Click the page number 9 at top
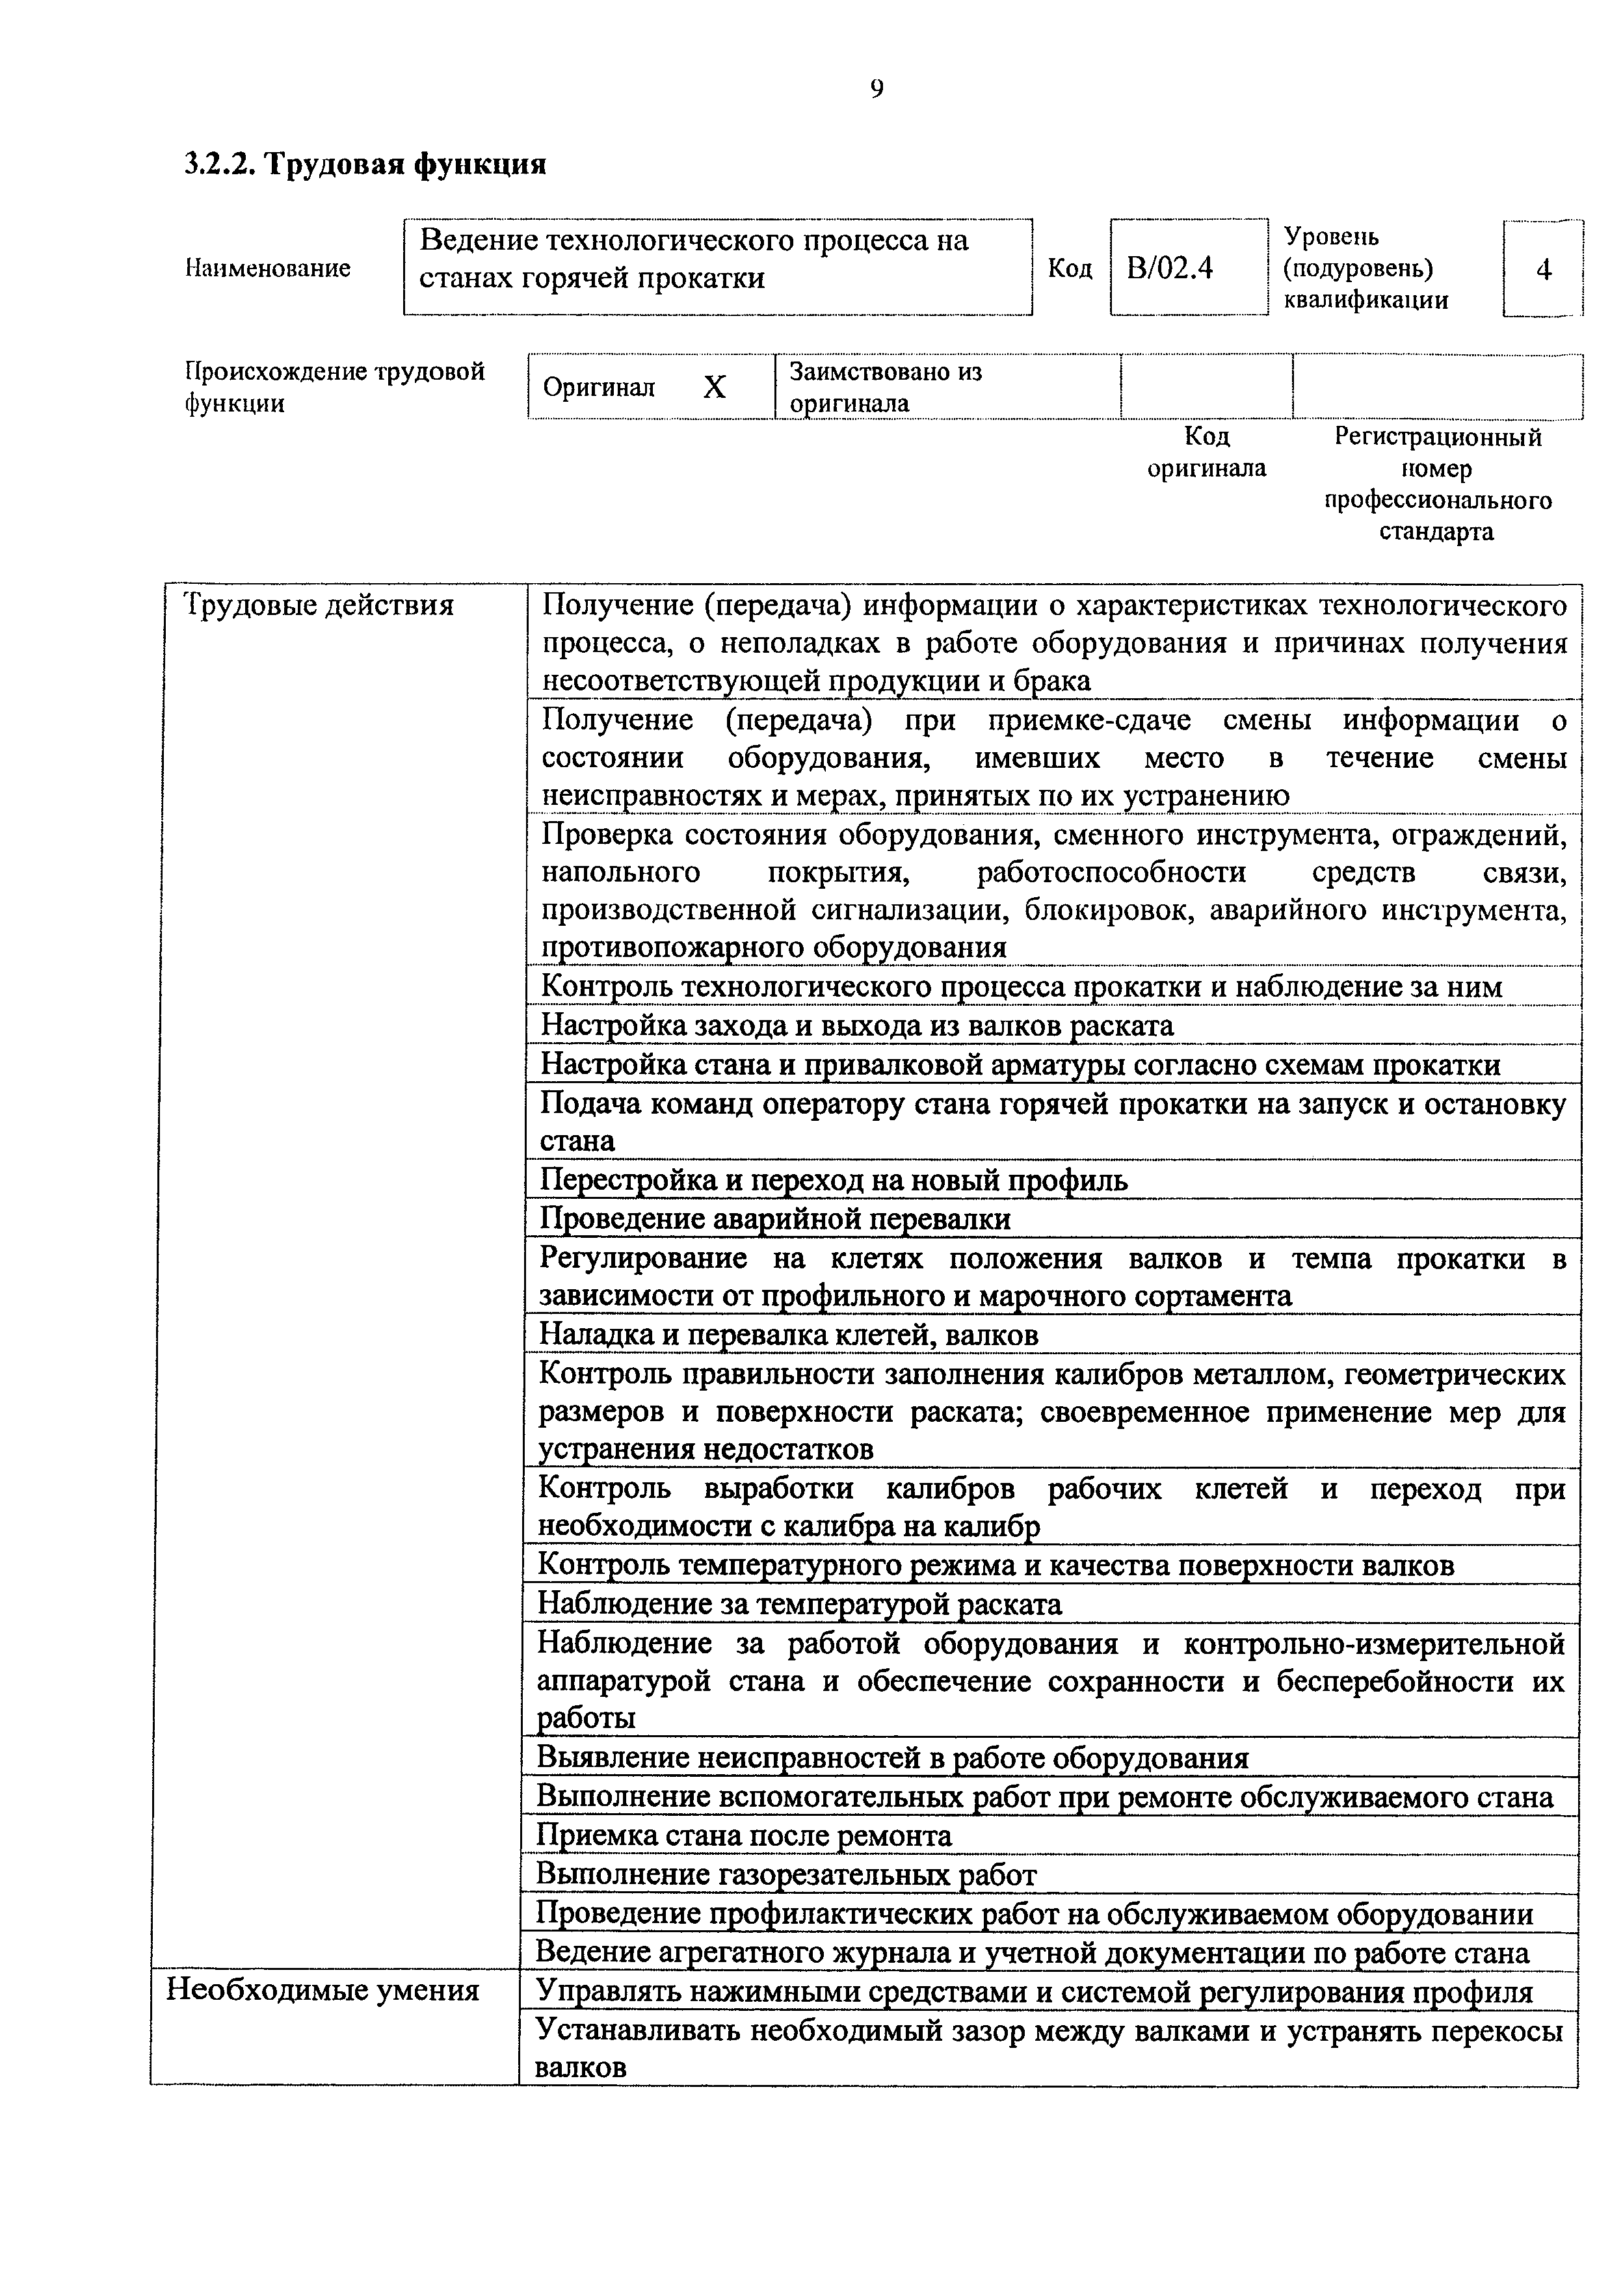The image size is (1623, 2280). pos(877,90)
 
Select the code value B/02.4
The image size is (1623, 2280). pos(1169,268)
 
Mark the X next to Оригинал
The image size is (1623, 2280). pos(713,387)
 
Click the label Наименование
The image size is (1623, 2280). pos(268,268)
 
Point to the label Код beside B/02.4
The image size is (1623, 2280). pos(1070,268)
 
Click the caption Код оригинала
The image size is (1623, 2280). pos(1206,452)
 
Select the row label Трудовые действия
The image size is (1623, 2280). pos(320,605)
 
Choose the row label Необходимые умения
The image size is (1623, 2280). pos(323,1990)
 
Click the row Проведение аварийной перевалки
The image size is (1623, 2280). pos(776,1219)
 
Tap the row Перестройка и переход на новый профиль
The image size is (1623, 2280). pos(834,1180)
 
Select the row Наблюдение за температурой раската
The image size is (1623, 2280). pos(800,1604)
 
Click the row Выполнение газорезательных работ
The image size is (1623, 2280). pos(785,1874)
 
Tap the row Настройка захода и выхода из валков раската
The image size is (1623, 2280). pos(856,1026)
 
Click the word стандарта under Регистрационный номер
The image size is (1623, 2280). pos(1436,532)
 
